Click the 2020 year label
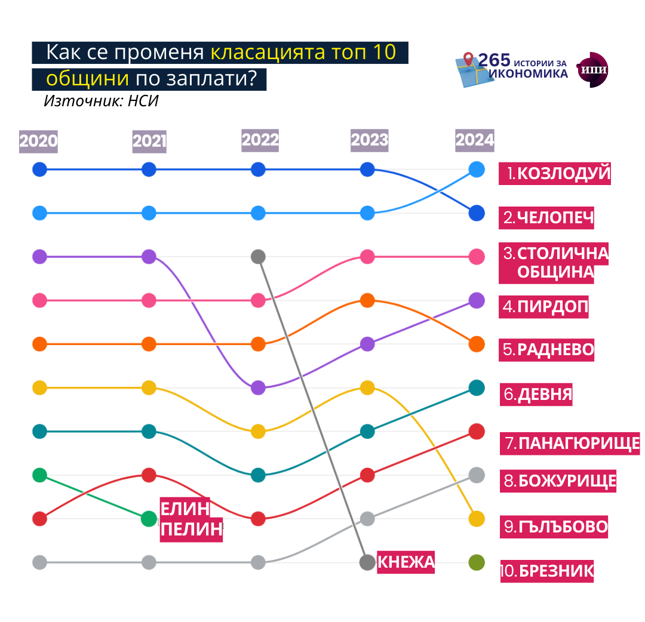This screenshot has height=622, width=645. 39,141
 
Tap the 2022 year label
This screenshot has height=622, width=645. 260,140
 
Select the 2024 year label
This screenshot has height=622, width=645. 475,140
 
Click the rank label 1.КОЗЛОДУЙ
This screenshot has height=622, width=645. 555,174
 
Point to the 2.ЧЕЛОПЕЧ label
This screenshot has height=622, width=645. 548,217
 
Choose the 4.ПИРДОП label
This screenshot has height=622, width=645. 545,307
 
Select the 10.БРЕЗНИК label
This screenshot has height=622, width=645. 547,571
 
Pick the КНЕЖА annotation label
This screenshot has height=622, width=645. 406,562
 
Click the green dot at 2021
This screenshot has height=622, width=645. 149,519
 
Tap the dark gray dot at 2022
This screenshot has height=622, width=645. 258,257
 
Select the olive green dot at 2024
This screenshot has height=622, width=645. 477,562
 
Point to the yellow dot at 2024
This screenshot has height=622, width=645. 477,519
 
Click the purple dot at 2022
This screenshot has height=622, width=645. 258,387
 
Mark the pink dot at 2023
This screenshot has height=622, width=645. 367,257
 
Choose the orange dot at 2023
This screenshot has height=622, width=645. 367,300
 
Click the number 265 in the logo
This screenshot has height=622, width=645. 494,60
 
